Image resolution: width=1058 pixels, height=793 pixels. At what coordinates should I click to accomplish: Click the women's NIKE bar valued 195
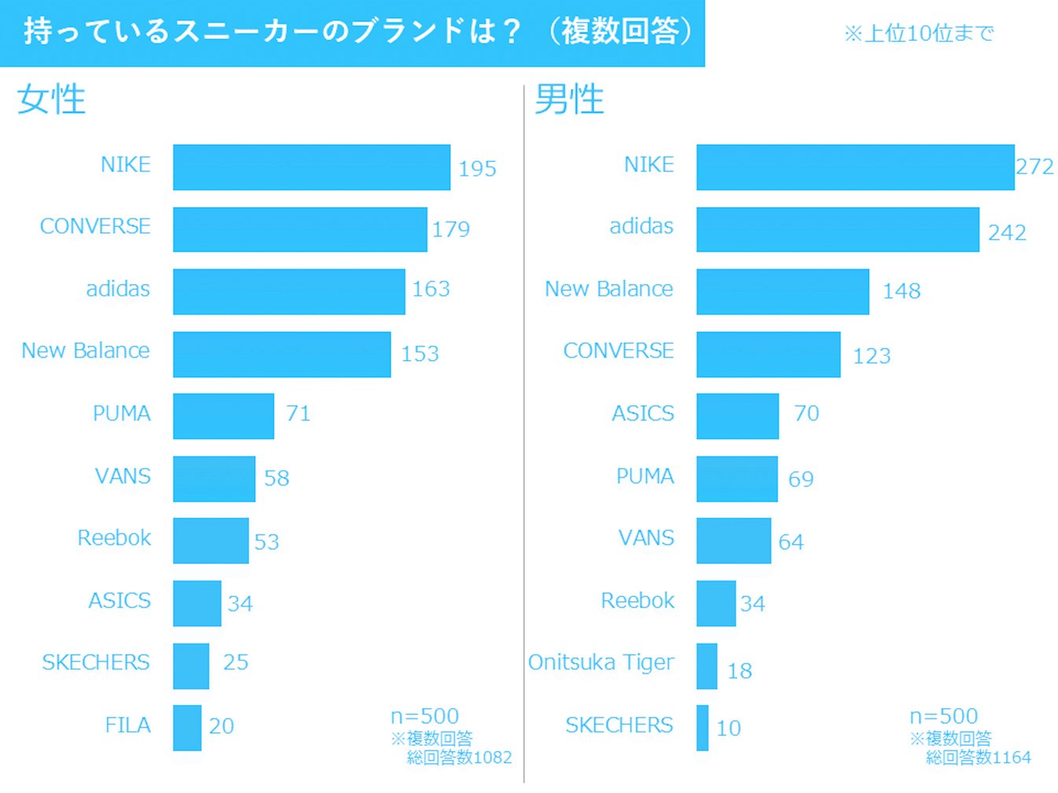(312, 167)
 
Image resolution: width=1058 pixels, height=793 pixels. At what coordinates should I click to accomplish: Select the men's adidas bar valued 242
(838, 229)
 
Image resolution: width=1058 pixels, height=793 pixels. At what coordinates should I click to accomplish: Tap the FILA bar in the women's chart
(187, 728)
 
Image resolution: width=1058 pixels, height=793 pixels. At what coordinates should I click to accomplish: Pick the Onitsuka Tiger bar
(707, 666)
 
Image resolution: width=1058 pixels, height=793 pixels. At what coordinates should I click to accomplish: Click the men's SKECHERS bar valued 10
(702, 728)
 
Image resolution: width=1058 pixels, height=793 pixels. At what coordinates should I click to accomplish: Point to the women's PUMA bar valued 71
(224, 416)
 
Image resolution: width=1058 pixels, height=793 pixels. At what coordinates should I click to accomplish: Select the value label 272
(1034, 167)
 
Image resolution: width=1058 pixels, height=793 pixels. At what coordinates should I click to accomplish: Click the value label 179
(451, 229)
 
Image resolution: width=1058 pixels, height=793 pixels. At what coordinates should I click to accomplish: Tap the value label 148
(901, 291)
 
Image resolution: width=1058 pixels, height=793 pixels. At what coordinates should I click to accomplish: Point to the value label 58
(276, 478)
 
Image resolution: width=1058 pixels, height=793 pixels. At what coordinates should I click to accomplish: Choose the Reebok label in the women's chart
(114, 538)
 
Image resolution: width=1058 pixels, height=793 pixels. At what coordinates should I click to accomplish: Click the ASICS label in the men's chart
(643, 414)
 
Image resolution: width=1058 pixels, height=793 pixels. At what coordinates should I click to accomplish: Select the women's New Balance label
(86, 351)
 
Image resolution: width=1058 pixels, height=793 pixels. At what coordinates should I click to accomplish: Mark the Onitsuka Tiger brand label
(601, 662)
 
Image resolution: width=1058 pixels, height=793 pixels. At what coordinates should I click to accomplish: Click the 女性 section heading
(51, 100)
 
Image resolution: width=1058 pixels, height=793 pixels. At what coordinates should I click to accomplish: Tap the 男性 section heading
(569, 100)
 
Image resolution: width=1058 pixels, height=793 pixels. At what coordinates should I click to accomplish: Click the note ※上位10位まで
(919, 33)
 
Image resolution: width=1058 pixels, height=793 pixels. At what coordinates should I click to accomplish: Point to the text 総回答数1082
(459, 758)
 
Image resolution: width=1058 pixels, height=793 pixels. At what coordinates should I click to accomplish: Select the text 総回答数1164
(978, 758)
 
